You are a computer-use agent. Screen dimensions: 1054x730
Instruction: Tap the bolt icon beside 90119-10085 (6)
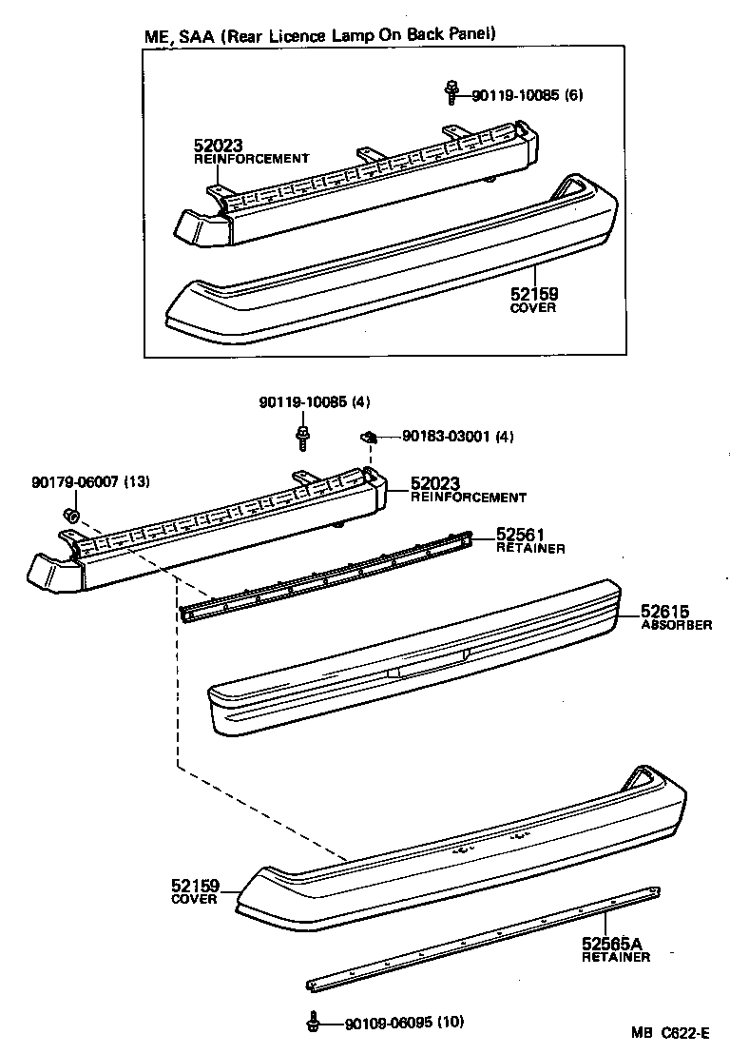point(451,92)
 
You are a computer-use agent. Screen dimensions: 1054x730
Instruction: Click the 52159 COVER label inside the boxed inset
point(533,302)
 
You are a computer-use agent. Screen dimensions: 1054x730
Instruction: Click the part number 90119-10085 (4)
point(314,402)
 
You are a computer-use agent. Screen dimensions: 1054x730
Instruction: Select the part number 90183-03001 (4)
point(457,437)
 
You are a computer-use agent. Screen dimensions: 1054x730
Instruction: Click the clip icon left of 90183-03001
point(370,437)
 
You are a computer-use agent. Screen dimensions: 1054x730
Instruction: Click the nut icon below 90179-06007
point(69,516)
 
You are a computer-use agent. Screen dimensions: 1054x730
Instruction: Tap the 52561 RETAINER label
point(530,540)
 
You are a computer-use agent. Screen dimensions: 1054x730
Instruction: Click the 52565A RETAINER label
point(615,948)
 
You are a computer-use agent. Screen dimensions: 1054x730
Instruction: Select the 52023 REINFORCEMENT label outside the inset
point(466,489)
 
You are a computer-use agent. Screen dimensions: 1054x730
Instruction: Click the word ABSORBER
point(676,625)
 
